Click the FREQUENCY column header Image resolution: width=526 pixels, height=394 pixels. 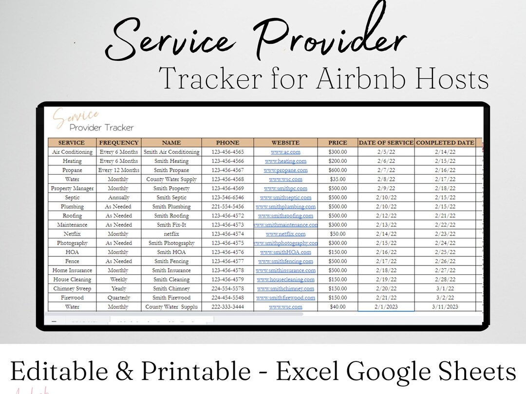coord(119,143)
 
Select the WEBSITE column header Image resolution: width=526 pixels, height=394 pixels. coord(285,143)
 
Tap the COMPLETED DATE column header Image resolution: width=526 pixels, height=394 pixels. coord(445,143)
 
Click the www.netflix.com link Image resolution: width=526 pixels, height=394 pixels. coord(285,234)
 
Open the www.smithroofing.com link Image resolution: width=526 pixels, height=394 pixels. coord(285,215)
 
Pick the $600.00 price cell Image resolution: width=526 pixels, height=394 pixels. coord(338,170)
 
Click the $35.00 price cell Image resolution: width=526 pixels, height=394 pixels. coord(338,179)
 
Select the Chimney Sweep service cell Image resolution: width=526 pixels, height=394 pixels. coord(72,288)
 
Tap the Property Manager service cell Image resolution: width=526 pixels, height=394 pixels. coord(72,188)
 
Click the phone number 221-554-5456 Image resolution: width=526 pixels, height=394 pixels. coord(227,207)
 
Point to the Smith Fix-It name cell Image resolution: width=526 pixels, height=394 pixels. coord(171,225)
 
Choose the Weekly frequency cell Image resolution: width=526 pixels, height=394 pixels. coord(118,280)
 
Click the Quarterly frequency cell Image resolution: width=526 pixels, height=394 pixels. coord(118,298)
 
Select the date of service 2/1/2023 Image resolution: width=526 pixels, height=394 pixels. coord(386,307)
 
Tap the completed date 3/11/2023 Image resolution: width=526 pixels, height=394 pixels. coord(445,307)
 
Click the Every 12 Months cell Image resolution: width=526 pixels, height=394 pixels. coord(118,170)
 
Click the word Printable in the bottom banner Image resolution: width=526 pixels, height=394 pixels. coord(194,372)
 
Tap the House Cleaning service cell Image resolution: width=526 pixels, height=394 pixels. coord(72,280)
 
